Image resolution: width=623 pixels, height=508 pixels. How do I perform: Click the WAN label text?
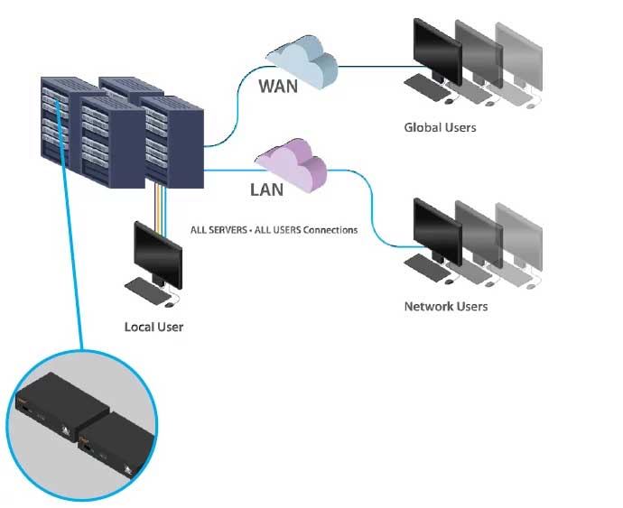coord(278,87)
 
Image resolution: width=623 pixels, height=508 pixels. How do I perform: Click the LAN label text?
coord(266,190)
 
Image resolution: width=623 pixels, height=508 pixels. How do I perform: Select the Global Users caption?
coord(440,128)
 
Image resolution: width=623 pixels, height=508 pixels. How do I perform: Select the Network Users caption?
coord(445,307)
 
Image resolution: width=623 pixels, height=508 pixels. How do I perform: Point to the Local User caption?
coord(153,327)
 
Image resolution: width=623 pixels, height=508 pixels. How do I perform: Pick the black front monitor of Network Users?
coord(437,225)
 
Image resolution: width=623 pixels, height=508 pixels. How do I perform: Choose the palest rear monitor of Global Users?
coord(521,54)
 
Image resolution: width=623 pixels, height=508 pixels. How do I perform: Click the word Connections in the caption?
coord(330,230)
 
